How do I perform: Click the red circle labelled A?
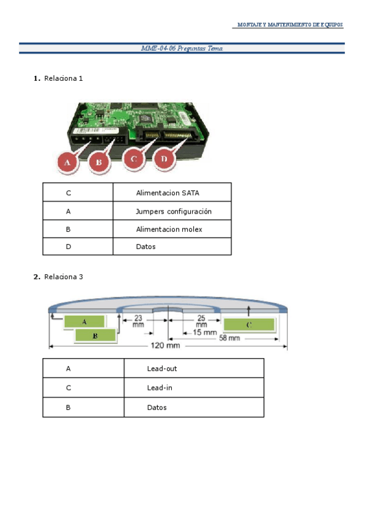68,162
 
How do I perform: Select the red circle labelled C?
133,159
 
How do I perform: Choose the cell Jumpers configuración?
174,211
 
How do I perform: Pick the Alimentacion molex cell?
169,229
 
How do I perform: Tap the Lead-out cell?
162,368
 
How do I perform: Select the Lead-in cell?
160,388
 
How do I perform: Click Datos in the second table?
157,408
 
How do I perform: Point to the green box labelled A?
84,321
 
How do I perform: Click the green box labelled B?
95,335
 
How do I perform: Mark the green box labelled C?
248,325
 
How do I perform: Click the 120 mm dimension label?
165,346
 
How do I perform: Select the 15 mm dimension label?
206,333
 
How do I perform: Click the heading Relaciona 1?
63,78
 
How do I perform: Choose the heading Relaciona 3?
63,277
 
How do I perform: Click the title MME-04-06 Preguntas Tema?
182,48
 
